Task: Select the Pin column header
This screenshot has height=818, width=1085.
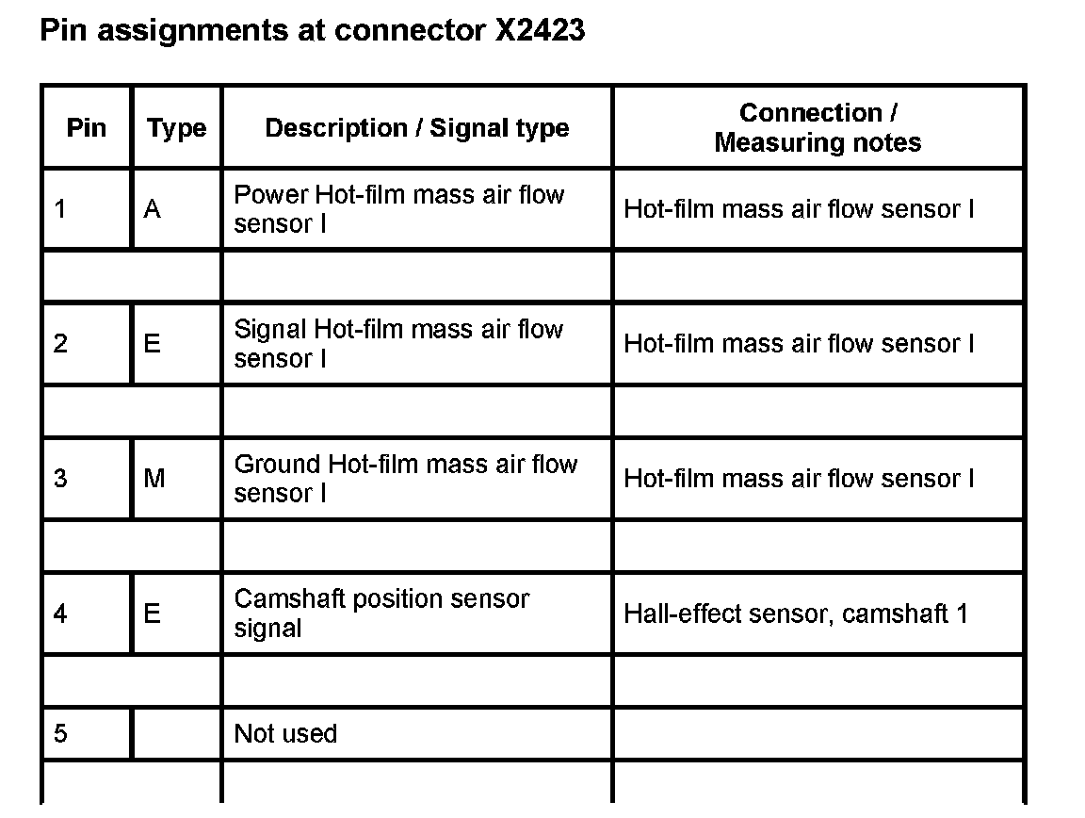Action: [87, 127]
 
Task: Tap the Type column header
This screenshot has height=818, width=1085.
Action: [176, 128]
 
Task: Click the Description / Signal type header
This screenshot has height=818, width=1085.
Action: [416, 128]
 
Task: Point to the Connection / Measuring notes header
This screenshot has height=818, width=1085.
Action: [818, 127]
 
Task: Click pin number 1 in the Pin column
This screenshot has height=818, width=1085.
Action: [60, 209]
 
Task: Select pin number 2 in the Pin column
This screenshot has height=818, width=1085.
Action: [60, 344]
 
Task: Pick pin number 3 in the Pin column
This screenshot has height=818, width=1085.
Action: [60, 479]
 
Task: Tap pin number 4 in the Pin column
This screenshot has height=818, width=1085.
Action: [60, 614]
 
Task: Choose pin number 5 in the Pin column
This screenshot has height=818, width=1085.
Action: [60, 734]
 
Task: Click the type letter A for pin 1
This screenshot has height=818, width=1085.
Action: [153, 209]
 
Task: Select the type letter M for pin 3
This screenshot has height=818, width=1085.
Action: [154, 479]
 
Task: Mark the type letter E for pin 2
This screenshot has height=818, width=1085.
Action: [153, 344]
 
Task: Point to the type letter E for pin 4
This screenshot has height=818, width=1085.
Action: [153, 614]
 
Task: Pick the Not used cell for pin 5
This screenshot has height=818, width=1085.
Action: [285, 734]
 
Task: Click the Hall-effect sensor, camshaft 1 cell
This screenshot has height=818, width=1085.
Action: [796, 614]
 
